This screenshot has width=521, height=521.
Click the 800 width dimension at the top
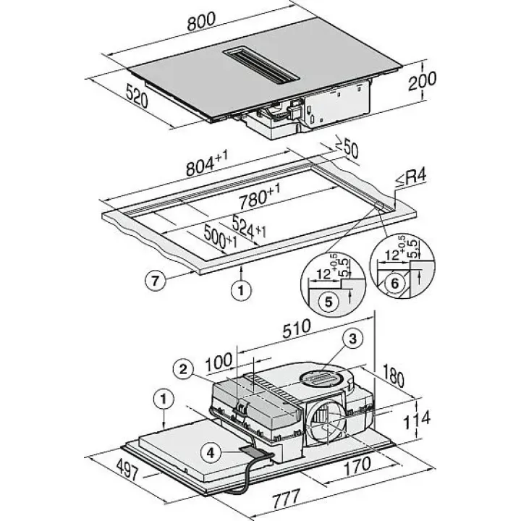tap(201, 21)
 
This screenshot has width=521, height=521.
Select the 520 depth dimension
tap(137, 96)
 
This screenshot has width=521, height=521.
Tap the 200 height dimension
tap(422, 80)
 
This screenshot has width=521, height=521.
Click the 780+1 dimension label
tap(260, 196)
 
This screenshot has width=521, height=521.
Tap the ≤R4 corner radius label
tap(411, 179)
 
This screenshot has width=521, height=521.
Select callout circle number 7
tap(155, 281)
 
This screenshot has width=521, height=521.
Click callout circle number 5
tap(329, 302)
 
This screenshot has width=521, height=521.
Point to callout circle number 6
tap(395, 283)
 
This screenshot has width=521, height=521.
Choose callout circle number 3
tap(353, 339)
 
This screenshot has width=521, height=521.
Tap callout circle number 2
tap(183, 369)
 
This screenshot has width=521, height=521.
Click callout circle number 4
tap(211, 452)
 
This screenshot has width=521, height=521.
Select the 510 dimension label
tap(297, 328)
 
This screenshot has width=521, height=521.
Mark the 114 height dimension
tap(417, 419)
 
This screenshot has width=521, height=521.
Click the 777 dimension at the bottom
tap(287, 497)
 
